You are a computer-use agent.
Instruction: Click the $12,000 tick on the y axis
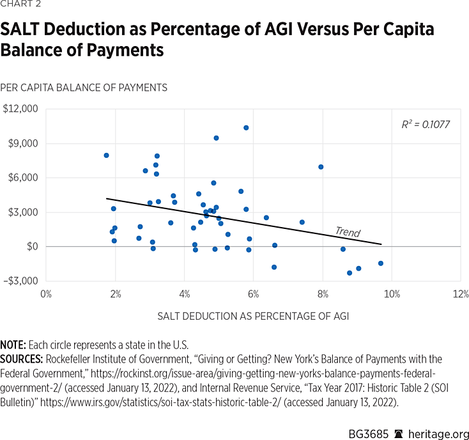(x=21, y=109)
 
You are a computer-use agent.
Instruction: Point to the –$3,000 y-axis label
(x=20, y=281)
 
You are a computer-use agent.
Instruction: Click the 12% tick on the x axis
(x=461, y=294)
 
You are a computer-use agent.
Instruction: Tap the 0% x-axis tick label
(x=46, y=294)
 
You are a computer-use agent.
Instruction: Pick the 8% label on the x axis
(x=323, y=294)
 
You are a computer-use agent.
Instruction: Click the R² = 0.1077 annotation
(x=426, y=124)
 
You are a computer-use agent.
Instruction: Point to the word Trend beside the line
(x=348, y=232)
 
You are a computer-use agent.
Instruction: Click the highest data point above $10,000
(x=246, y=128)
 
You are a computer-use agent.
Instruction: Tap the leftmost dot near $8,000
(x=106, y=155)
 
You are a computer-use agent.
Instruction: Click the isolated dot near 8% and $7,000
(x=321, y=167)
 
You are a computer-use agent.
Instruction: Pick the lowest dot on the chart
(x=350, y=273)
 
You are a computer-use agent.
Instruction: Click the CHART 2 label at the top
(x=20, y=7)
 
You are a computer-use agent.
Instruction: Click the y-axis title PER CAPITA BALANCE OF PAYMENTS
(x=84, y=87)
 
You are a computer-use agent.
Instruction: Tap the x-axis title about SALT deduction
(x=253, y=316)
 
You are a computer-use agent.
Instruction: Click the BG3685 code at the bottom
(x=368, y=425)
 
